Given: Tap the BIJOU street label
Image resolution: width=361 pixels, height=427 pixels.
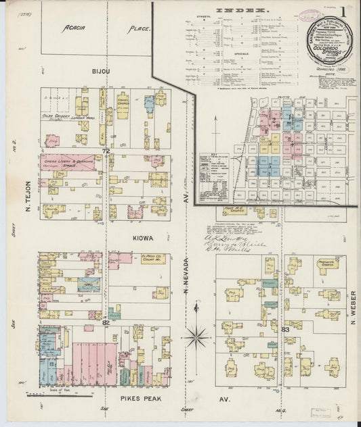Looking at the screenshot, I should point(102,70).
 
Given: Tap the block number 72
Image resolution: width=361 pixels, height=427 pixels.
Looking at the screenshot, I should point(105,150).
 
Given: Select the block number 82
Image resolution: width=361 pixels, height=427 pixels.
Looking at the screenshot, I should point(106,323).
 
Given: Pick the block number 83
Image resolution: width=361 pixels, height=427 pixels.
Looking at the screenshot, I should point(284,329).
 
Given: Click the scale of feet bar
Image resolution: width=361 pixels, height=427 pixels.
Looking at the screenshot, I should point(58,386).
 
